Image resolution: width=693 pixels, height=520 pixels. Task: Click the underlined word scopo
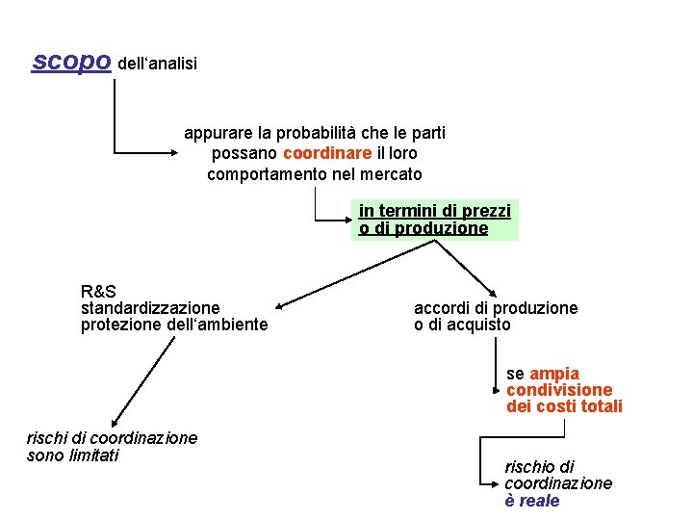coord(72,61)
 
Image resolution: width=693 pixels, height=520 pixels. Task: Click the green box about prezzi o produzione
coord(435,220)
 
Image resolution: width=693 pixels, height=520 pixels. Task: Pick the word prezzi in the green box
coord(487,211)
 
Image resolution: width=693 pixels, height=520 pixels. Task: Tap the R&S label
coord(99,291)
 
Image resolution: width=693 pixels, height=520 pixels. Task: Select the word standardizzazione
coord(150,308)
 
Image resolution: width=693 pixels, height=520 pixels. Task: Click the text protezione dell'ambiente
coord(174,325)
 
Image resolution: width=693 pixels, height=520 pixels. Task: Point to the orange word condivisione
coord(559,390)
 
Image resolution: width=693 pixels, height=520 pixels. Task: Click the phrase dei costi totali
coord(564,407)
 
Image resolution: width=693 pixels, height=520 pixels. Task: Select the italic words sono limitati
coord(73,455)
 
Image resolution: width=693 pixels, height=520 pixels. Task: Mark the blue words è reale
coord(531,501)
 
